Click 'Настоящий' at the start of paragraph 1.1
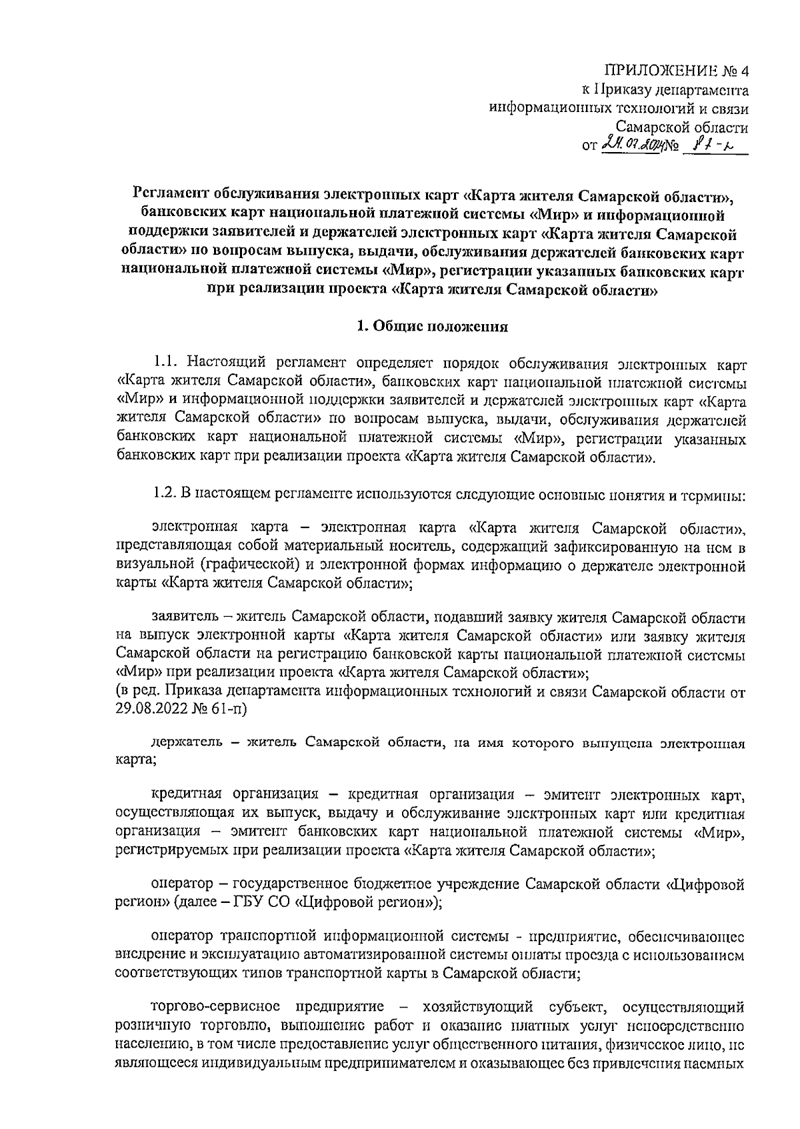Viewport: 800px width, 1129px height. [220, 363]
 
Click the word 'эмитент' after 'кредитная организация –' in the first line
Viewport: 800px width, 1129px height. [563, 795]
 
